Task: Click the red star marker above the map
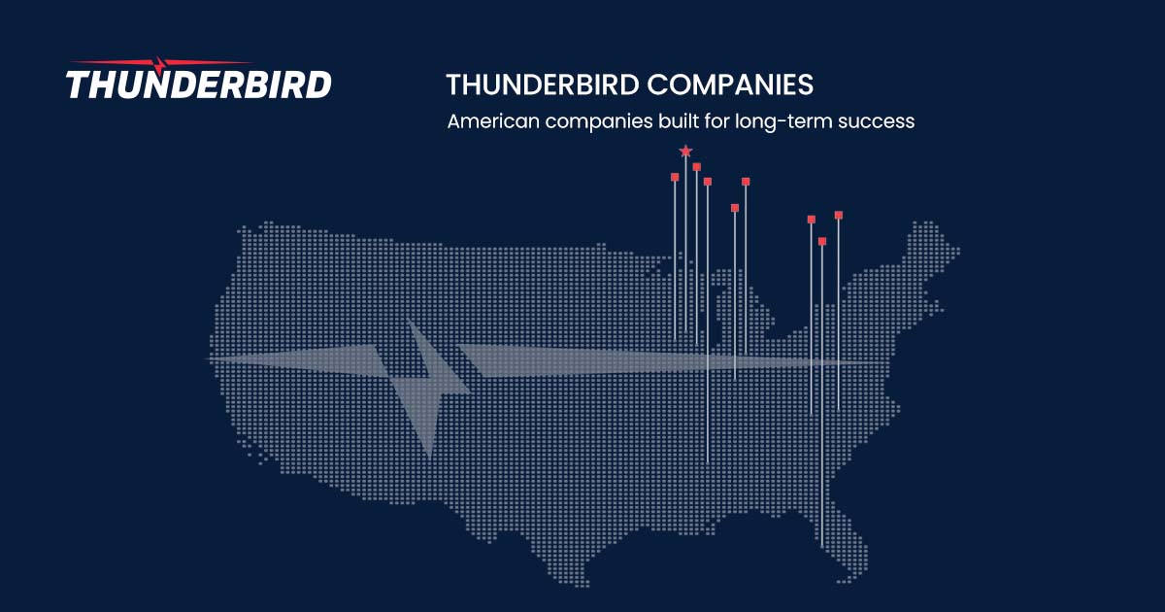685,152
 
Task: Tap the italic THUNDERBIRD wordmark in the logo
199,84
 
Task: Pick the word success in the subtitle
878,123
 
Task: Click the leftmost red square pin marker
675,177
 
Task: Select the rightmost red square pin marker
839,215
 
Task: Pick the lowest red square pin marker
822,241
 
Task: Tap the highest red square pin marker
697,167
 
